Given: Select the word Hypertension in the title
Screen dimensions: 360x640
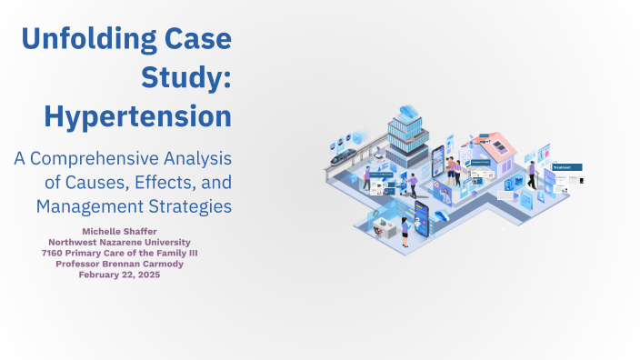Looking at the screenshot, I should (x=137, y=116).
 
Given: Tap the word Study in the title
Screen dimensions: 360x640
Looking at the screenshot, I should (x=182, y=78).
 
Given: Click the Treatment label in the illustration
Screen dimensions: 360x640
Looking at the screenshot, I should (x=565, y=167).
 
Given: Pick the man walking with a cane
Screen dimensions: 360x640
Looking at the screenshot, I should (x=532, y=175).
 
